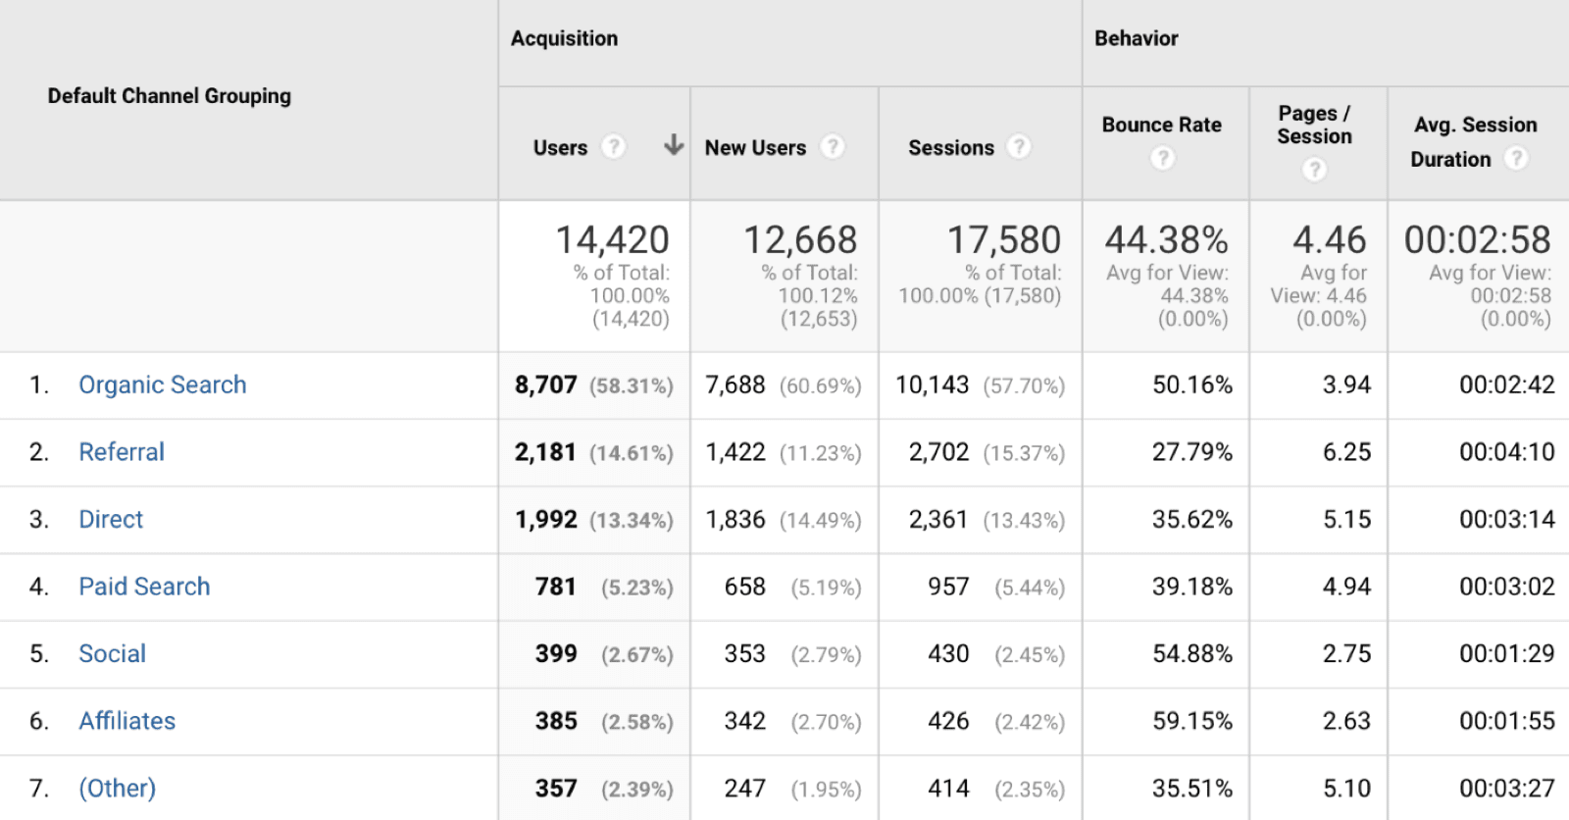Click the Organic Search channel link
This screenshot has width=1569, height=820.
(163, 384)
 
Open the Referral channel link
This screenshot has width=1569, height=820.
(122, 452)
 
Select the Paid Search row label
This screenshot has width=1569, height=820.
(144, 587)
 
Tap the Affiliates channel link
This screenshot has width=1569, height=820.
(127, 721)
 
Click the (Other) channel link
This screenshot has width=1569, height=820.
(118, 789)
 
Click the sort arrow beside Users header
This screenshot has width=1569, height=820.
(673, 146)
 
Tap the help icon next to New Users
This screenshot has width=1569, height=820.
(832, 147)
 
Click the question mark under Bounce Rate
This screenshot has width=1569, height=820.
(1162, 158)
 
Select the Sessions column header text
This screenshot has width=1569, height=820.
(950, 148)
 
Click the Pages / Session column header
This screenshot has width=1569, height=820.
(1314, 126)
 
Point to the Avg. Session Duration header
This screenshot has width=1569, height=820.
(1474, 141)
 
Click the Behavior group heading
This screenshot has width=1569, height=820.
(1136, 38)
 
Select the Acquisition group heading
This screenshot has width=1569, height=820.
(564, 38)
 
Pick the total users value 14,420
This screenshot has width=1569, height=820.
(612, 240)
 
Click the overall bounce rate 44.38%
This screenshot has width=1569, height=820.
(1166, 240)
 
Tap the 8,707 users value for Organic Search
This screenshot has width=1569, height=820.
(546, 384)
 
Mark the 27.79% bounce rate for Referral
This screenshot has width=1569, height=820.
(1191, 452)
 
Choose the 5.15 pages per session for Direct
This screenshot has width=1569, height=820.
(1346, 519)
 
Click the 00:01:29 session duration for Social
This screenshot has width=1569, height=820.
(1506, 654)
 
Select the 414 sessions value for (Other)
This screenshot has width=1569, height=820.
(948, 789)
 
